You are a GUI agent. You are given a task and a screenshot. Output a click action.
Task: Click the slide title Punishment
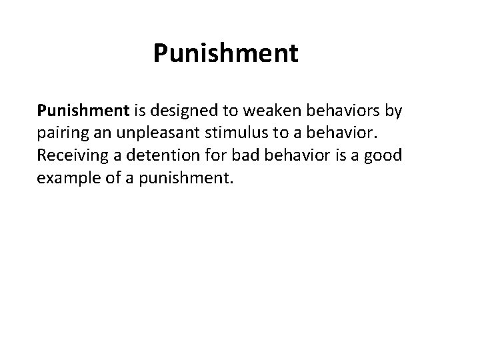coord(226,53)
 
